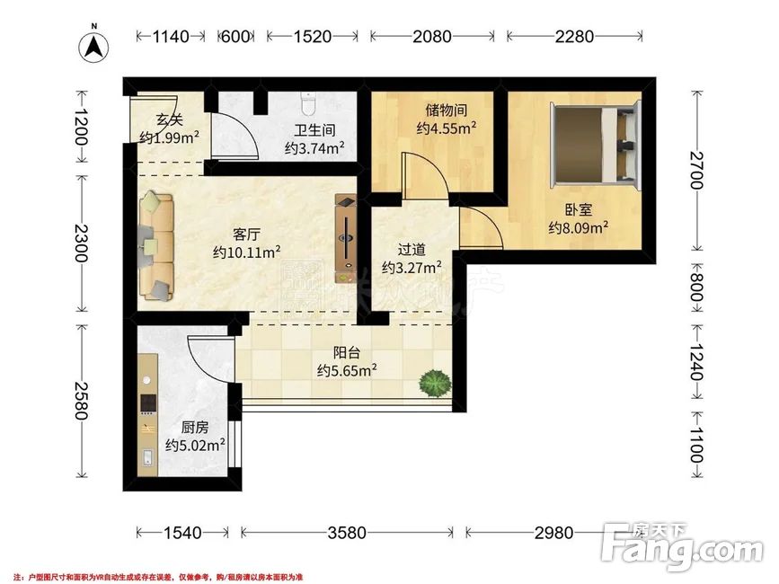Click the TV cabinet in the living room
(347, 237)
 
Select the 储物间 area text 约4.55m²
(446, 128)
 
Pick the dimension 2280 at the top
(575, 37)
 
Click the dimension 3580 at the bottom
(346, 533)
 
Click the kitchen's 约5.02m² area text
(195, 444)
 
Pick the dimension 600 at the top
(235, 37)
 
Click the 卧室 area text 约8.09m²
(579, 228)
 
